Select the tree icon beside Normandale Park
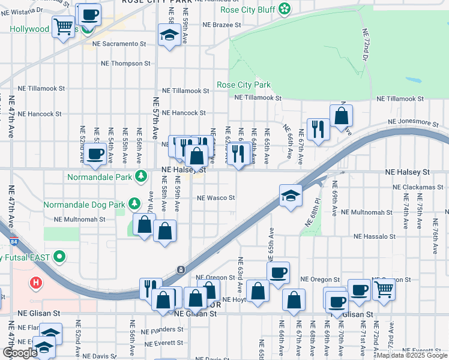coord(140,176)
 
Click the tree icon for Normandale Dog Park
coord(134,205)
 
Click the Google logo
coord(20,353)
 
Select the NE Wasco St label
coord(215,197)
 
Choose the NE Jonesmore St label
coord(413,122)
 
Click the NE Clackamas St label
coord(418,187)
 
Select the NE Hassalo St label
coord(375,236)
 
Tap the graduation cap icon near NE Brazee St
coord(169,35)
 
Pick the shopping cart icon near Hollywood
coord(63,26)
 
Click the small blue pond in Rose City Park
coord(413,80)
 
